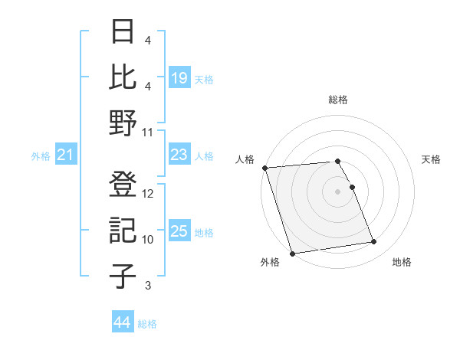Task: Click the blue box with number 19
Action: pos(179,78)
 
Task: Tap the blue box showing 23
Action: pos(179,155)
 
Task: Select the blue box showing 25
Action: pos(179,232)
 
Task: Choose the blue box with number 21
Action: pos(66,155)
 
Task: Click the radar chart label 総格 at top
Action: pos(338,100)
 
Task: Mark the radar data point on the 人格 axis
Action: pos(265,168)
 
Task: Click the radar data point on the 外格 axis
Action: pos(292,253)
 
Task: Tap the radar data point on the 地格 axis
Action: pos(374,243)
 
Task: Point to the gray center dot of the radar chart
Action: pos(338,191)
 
